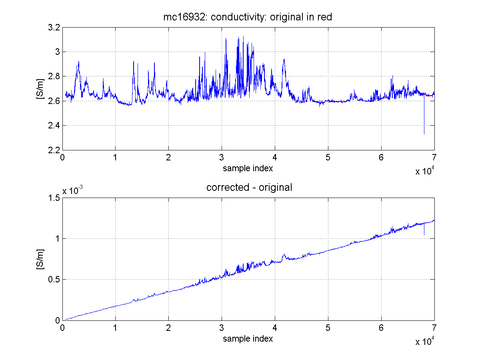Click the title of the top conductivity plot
coord(248,17)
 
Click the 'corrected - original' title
coord(249,187)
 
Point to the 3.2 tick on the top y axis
coord(54,28)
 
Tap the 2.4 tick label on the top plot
coord(54,126)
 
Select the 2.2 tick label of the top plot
coord(54,150)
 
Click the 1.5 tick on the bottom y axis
coord(54,198)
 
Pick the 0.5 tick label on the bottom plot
coord(54,279)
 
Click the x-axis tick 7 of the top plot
coord(434,157)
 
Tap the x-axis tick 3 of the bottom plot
coord(222,328)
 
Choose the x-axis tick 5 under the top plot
coord(328,157)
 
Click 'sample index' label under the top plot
coord(248,168)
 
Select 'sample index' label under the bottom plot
coord(248,339)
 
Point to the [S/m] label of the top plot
coord(40,89)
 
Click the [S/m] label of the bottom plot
coord(40,259)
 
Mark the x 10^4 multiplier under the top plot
coord(425,171)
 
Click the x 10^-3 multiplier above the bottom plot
coord(73,190)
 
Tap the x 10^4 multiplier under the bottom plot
coord(425,341)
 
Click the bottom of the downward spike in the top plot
coord(424,134)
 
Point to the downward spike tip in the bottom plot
coord(424,235)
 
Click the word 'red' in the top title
coord(325,17)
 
